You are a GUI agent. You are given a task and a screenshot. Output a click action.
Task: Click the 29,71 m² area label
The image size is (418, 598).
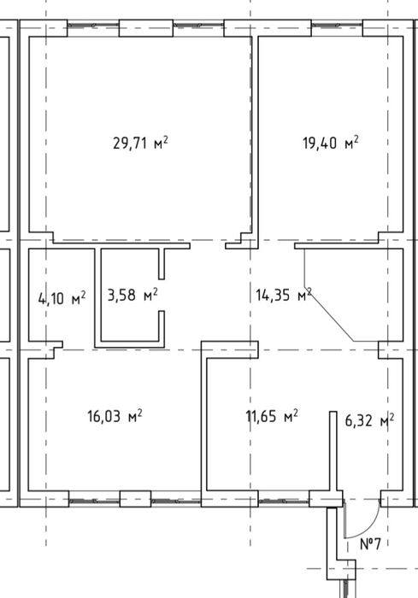(140, 143)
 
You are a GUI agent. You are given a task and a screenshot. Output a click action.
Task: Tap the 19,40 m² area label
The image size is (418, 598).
(331, 143)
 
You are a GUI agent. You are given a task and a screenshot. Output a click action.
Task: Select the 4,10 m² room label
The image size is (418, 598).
(62, 298)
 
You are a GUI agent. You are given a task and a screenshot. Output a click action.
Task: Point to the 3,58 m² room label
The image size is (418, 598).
(132, 295)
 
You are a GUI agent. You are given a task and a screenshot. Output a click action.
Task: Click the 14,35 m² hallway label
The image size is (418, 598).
(284, 295)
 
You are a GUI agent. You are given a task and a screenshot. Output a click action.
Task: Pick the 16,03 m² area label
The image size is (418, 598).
(115, 416)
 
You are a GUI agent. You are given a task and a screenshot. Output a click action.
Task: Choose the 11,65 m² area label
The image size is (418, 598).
(272, 416)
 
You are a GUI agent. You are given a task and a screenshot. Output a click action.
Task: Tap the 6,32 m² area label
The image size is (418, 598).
(369, 421)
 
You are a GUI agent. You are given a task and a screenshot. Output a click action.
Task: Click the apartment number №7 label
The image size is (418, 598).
(370, 543)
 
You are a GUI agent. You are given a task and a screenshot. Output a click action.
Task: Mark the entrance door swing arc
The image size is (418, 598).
(371, 527)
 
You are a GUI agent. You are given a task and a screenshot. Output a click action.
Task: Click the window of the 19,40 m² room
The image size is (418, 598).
(337, 25)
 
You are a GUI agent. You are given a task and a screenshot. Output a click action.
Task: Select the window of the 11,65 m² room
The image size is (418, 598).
(284, 501)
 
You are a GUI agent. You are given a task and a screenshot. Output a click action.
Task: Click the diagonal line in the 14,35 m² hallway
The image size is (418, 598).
(329, 314)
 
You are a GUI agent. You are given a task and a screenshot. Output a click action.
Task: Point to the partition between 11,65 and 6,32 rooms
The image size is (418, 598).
(333, 451)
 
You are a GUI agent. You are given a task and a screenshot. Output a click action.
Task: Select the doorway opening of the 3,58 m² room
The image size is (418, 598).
(162, 295)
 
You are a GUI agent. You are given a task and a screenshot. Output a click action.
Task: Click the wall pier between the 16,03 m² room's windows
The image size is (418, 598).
(135, 499)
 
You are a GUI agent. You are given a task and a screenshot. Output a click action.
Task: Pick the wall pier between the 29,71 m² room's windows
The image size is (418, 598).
(146, 28)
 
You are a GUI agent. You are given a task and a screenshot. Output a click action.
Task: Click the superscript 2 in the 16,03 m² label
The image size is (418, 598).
(139, 413)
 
